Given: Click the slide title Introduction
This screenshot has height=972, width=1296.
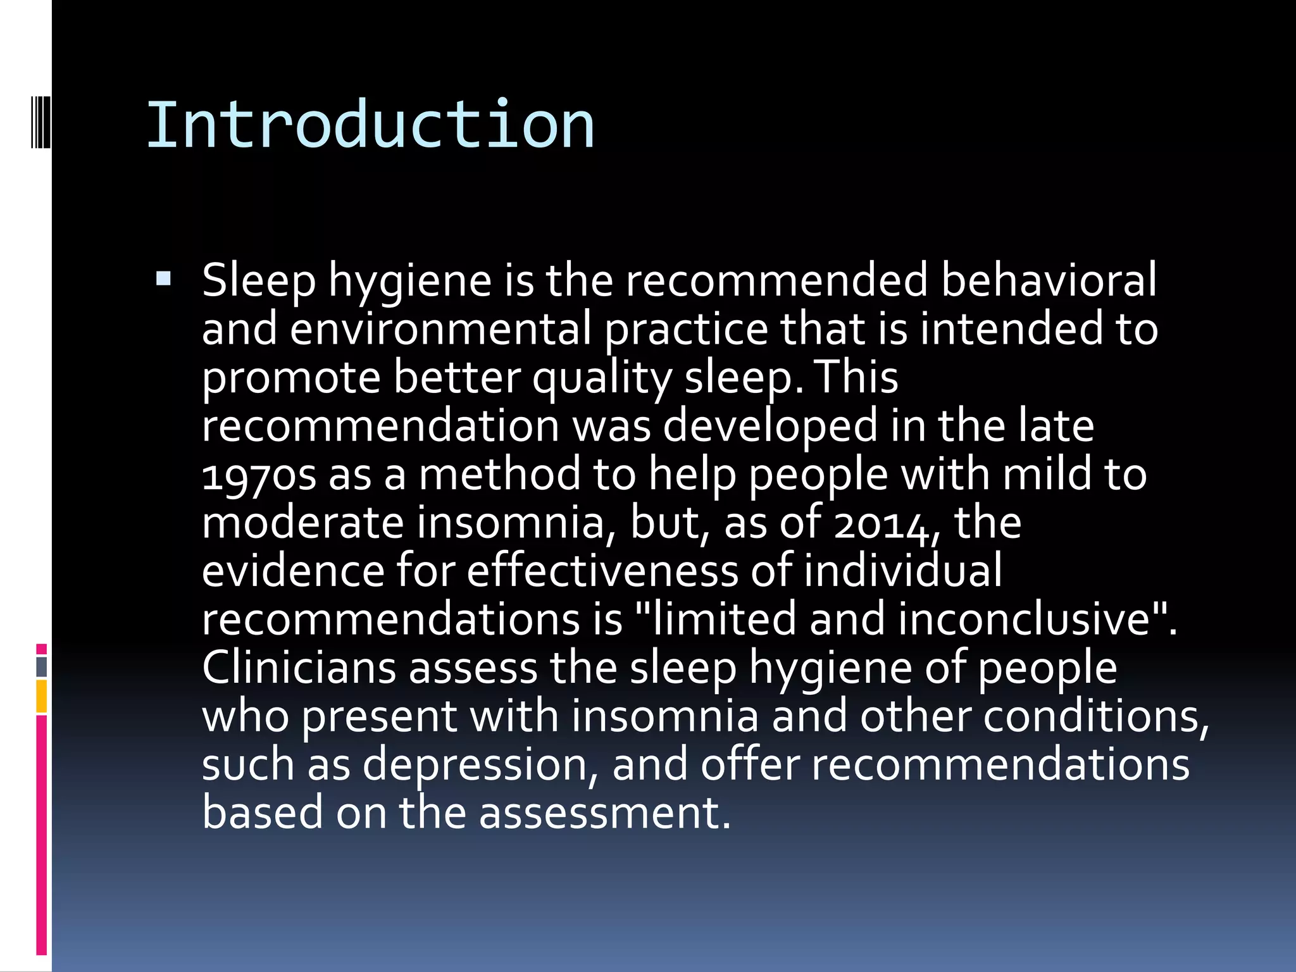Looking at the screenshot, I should click(370, 125).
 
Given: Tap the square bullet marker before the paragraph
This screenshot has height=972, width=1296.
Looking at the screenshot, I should click(163, 278).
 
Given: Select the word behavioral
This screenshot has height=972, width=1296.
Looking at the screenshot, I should click(1049, 280).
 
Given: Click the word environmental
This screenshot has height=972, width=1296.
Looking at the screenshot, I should click(440, 329).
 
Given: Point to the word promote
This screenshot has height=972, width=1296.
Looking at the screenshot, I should click(291, 378).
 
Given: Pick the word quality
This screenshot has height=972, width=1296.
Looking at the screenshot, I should click(602, 378).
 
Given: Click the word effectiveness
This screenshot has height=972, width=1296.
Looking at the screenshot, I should click(602, 571).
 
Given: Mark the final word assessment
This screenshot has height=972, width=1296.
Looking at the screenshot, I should click(604, 813).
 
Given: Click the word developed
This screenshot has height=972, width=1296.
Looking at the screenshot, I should click(770, 427).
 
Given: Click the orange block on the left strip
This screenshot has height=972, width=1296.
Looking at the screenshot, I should click(42, 696).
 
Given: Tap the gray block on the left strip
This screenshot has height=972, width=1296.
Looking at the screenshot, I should click(42, 667).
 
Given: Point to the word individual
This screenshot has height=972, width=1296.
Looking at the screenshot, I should click(903, 571).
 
